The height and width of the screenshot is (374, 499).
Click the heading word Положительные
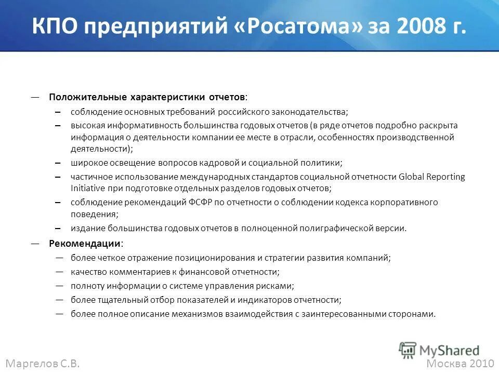[x=88, y=97]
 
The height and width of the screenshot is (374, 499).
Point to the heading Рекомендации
[x=86, y=244]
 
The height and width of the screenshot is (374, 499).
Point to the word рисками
[x=277, y=286]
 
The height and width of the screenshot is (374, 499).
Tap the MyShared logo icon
[x=408, y=350]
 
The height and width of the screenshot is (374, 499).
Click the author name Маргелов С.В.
[x=43, y=364]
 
